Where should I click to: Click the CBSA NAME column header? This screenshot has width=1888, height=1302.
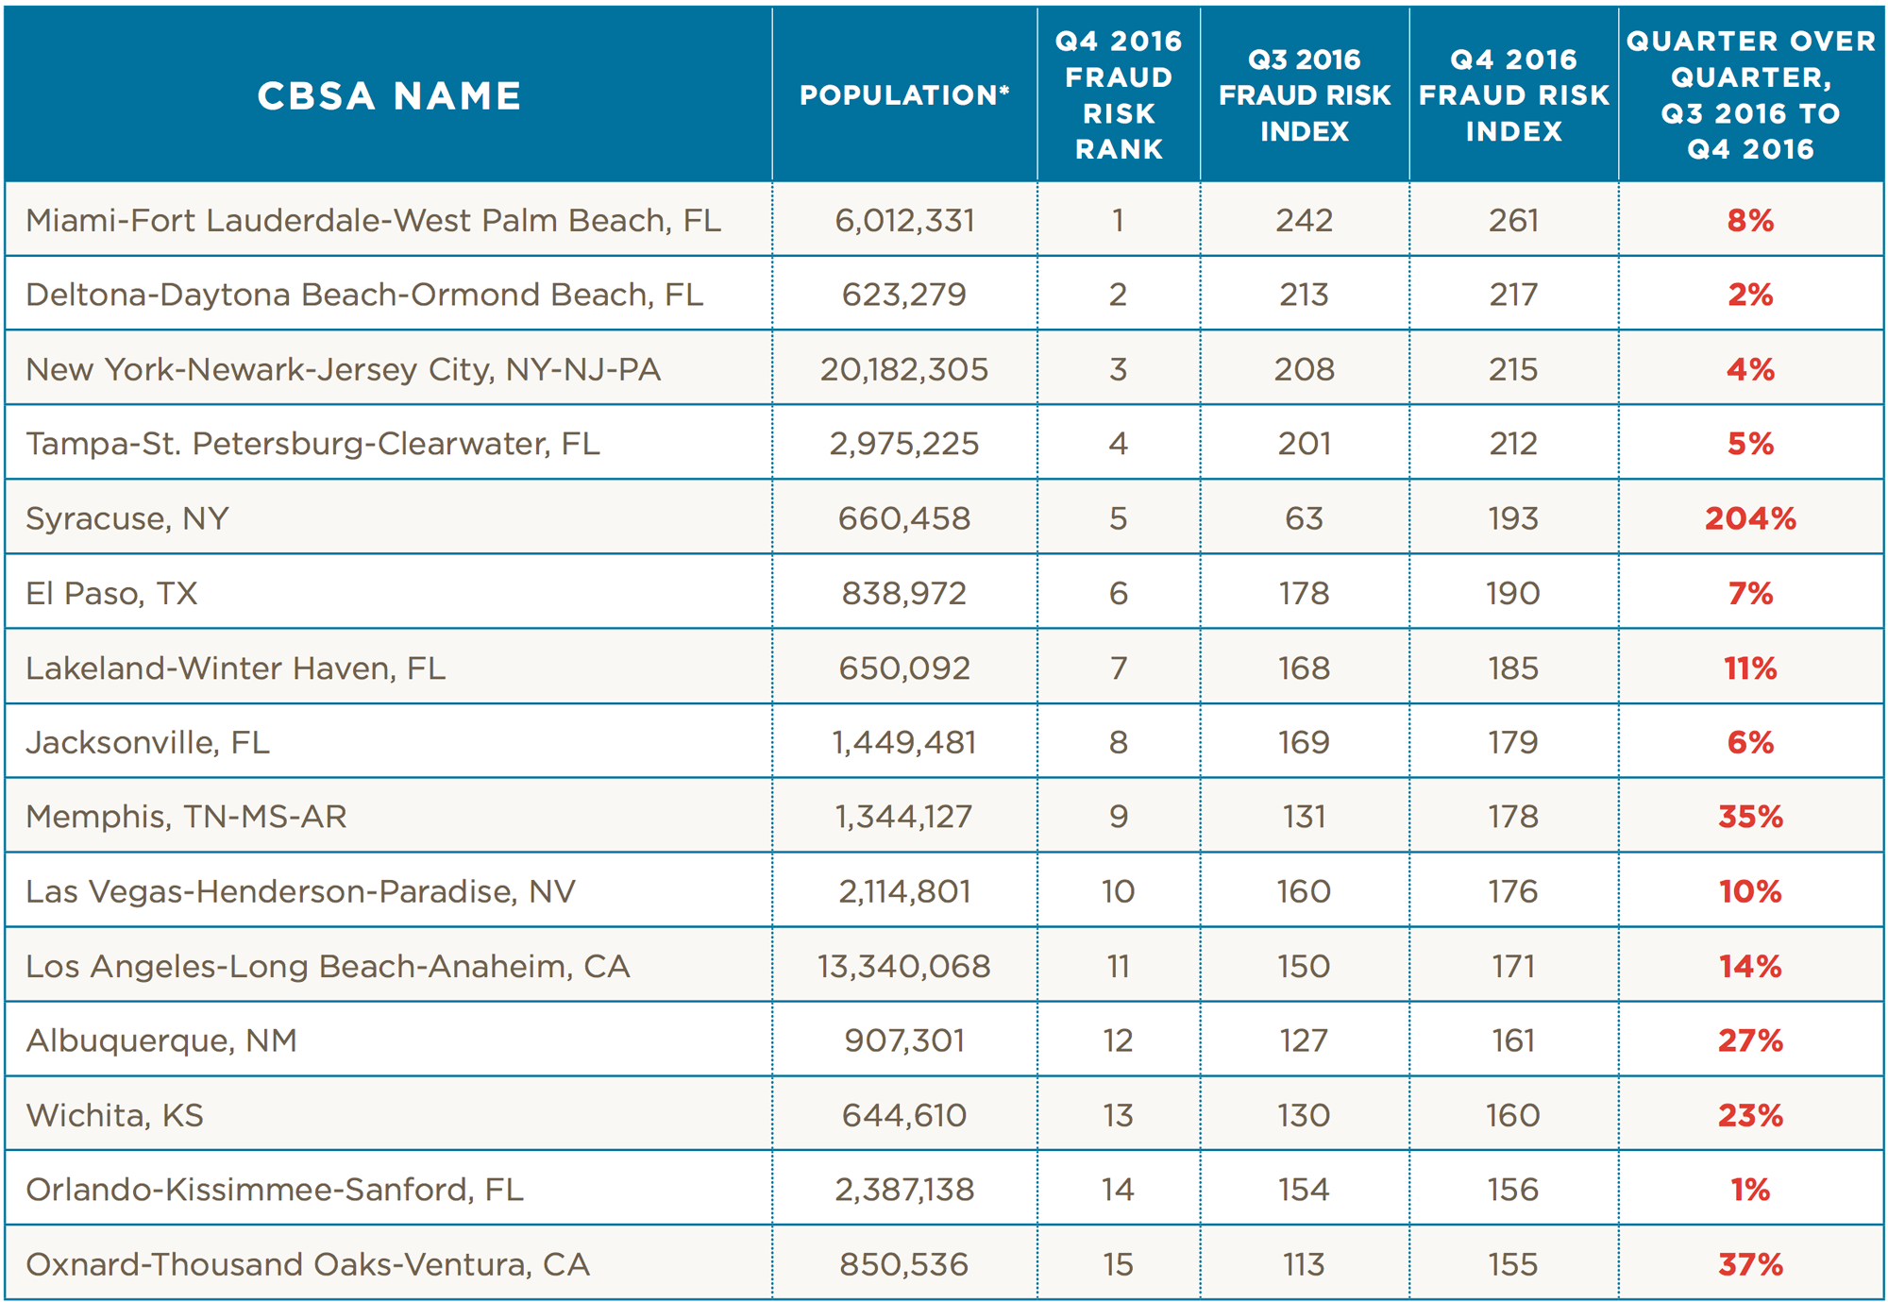pyautogui.click(x=389, y=95)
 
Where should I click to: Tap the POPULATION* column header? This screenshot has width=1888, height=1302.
pyautogui.click(x=904, y=95)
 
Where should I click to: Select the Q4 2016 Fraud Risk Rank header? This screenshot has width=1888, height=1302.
pyautogui.click(x=1119, y=95)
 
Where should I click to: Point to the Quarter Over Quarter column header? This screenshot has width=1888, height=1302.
pyautogui.click(x=1750, y=95)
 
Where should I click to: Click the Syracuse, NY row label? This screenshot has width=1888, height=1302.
pyautogui.click(x=127, y=518)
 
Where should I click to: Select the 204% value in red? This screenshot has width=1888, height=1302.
pyautogui.click(x=1750, y=518)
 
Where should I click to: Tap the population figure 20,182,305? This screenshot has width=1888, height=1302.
pyautogui.click(x=904, y=369)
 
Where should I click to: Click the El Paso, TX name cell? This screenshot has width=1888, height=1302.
pyautogui.click(x=111, y=593)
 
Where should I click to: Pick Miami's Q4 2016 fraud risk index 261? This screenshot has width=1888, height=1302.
pyautogui.click(x=1513, y=220)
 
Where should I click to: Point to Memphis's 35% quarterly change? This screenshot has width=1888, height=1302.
pyautogui.click(x=1750, y=817)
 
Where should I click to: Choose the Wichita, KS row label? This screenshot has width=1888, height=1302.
pyautogui.click(x=115, y=1115)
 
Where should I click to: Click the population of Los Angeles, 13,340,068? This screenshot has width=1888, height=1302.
pyautogui.click(x=904, y=966)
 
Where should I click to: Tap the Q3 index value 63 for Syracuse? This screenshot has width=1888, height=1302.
pyautogui.click(x=1304, y=518)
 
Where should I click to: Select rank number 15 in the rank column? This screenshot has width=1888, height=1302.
pyautogui.click(x=1119, y=1264)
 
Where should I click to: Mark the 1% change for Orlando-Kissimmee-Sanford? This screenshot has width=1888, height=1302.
pyautogui.click(x=1750, y=1190)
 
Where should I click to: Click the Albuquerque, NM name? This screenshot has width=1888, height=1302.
pyautogui.click(x=161, y=1040)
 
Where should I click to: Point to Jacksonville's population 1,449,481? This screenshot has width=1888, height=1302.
pyautogui.click(x=904, y=742)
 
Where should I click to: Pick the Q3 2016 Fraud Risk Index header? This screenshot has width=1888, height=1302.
pyautogui.click(x=1305, y=95)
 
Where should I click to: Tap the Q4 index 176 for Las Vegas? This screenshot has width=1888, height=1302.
pyautogui.click(x=1513, y=891)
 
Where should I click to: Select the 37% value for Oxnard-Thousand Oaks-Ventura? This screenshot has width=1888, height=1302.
pyautogui.click(x=1750, y=1264)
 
